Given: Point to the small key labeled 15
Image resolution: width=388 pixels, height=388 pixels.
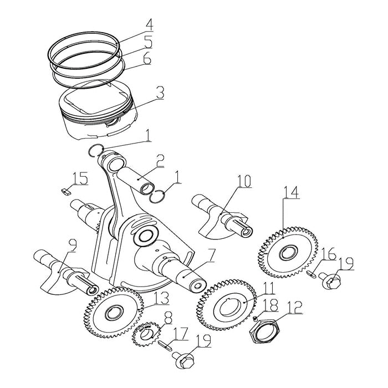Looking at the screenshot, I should point(64,190).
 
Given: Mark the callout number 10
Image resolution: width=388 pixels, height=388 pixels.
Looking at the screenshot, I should point(244,181).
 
